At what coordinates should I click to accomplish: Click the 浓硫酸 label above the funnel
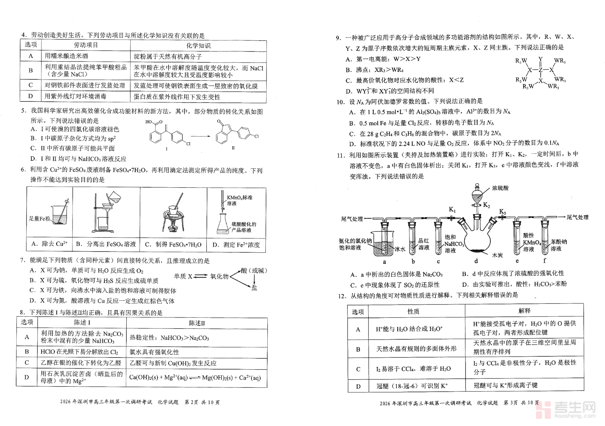click(x=500, y=188)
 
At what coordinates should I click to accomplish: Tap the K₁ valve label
click(x=452, y=210)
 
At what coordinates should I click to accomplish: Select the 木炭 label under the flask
click(x=497, y=255)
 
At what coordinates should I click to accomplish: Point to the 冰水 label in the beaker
click(x=400, y=249)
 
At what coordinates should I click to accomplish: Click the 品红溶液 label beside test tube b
click(x=423, y=244)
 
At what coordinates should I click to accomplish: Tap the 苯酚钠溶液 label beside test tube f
click(x=559, y=245)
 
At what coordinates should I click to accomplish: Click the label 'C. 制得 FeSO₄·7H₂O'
click(x=173, y=244)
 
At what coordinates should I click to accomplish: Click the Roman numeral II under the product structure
click(x=233, y=148)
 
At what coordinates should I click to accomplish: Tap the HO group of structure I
click(x=149, y=122)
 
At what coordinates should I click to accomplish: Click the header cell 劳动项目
click(x=86, y=45)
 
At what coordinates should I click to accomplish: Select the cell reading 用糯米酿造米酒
click(x=66, y=56)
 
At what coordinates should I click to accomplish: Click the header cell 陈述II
click(x=197, y=323)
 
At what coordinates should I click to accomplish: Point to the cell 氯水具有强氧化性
click(x=154, y=352)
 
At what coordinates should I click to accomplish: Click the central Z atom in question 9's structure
click(x=541, y=70)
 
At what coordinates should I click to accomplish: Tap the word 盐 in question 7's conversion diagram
click(x=254, y=288)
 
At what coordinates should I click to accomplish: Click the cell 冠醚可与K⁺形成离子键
click(x=505, y=386)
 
